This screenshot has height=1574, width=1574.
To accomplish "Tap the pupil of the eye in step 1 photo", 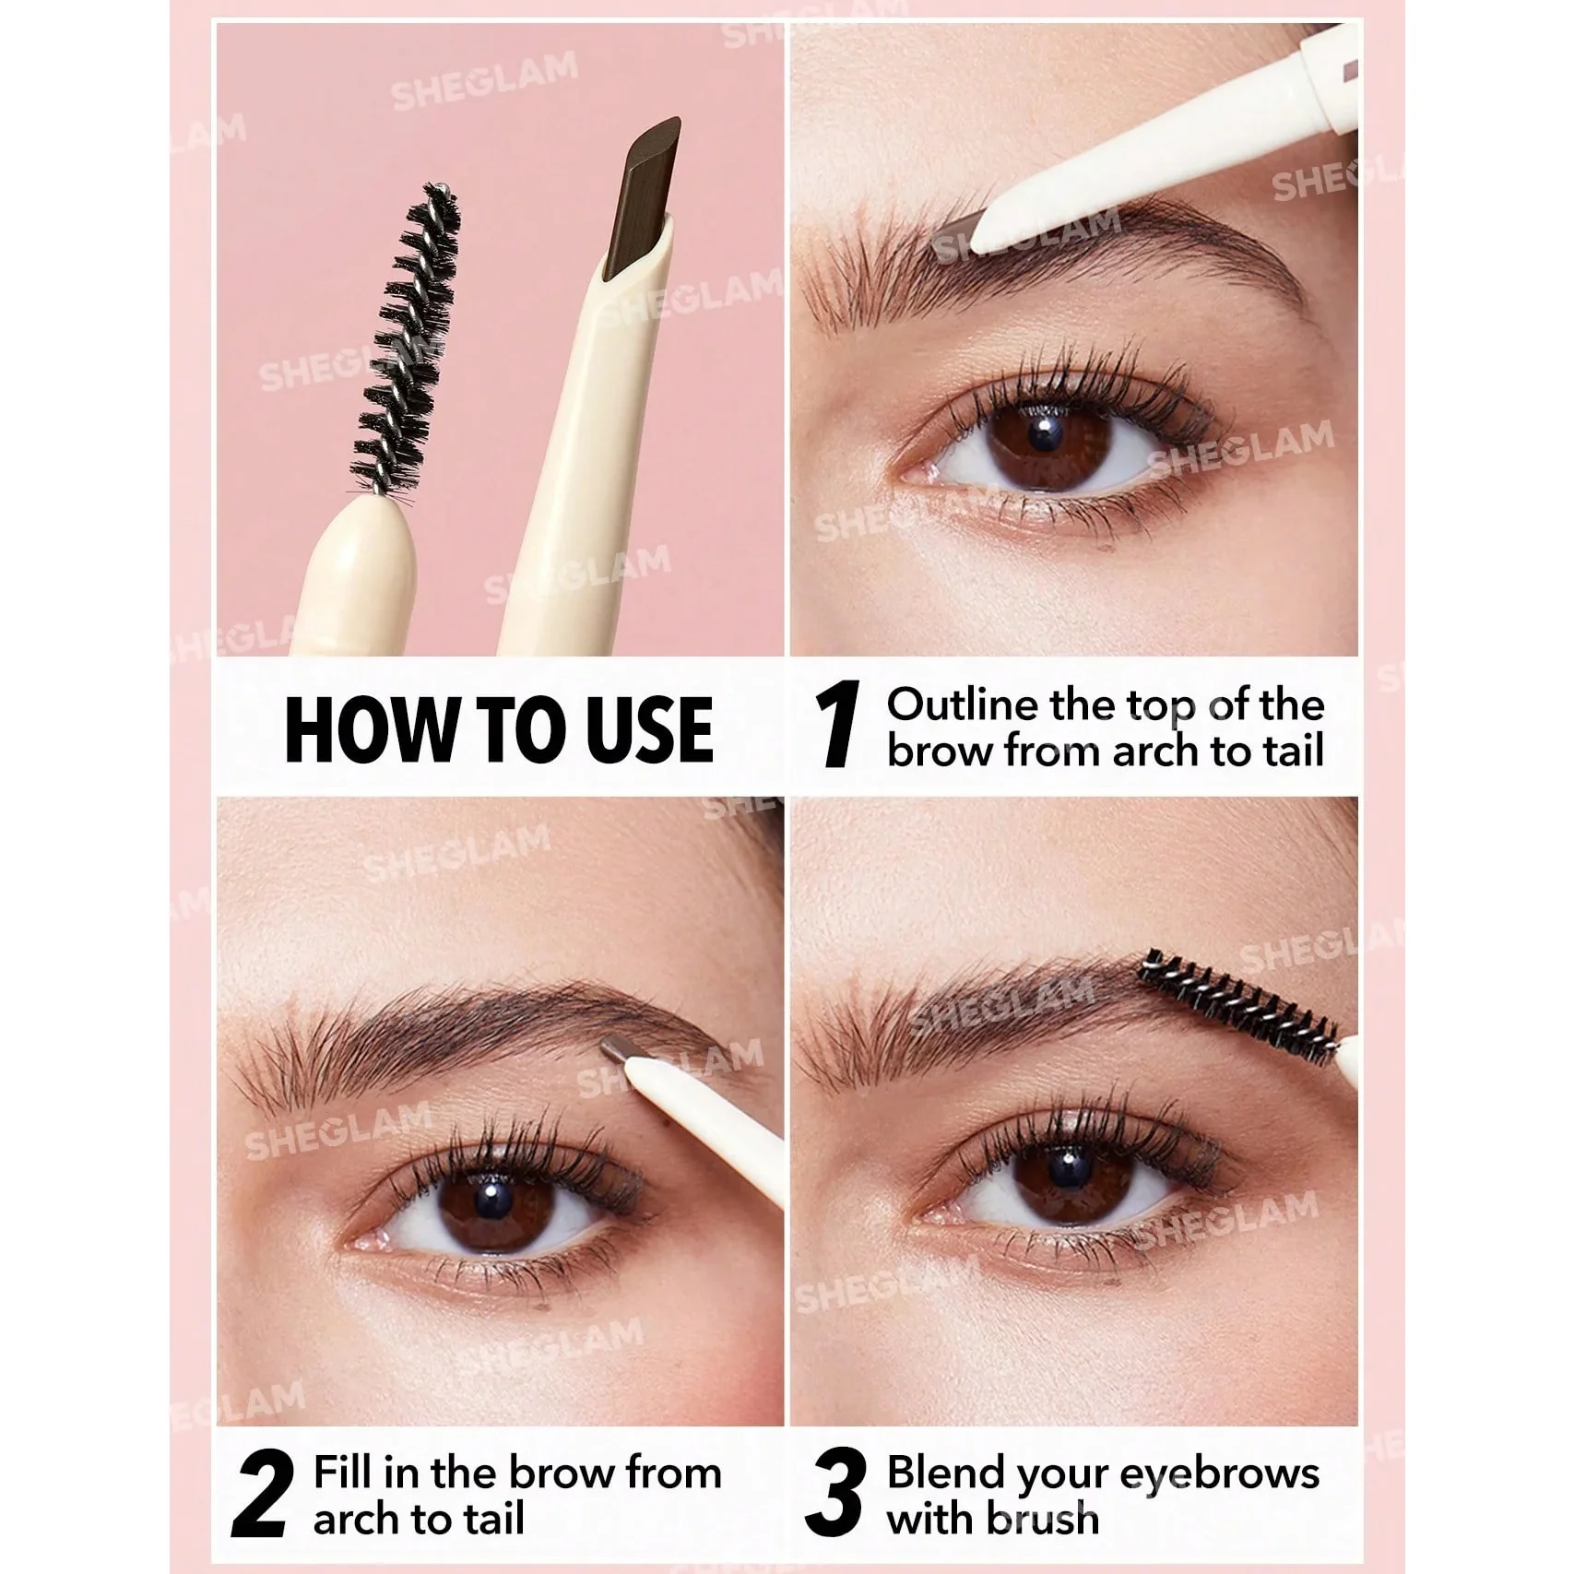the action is (x=1042, y=431).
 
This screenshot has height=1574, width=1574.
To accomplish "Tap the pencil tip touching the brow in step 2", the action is (x=615, y=1048).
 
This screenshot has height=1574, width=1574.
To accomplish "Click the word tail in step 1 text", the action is (x=1294, y=751).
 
